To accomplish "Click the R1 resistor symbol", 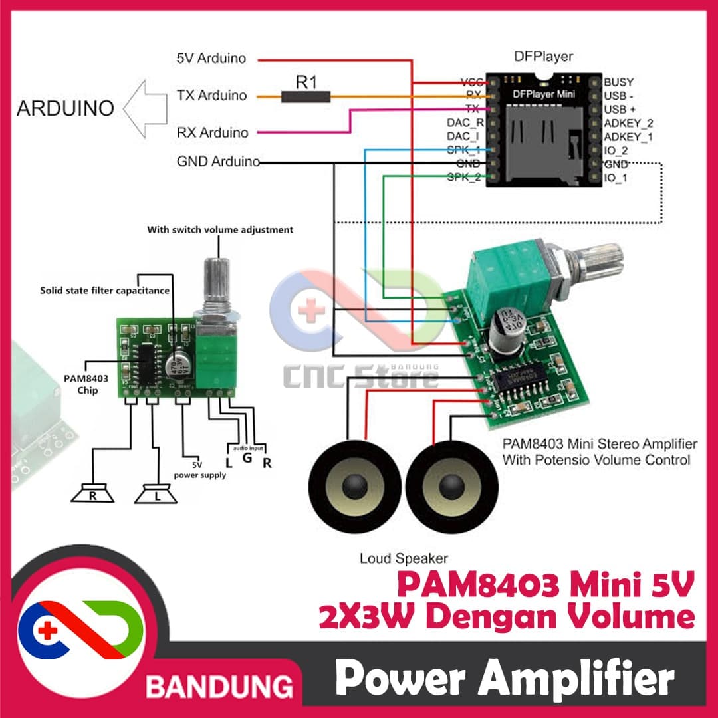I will click(305, 97).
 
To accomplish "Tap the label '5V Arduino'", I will click(211, 59).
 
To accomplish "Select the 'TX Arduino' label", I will click(211, 96).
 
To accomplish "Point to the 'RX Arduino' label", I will click(212, 133).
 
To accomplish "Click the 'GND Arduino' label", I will click(217, 162).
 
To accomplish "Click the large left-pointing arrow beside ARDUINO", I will click(146, 108).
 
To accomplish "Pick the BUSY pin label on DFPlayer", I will click(618, 82).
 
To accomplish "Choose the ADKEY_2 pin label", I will click(628, 123).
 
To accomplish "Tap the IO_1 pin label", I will click(616, 178).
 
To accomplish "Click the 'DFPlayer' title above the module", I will click(542, 57).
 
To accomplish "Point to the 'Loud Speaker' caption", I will click(404, 558).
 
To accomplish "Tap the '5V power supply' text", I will click(200, 470).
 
